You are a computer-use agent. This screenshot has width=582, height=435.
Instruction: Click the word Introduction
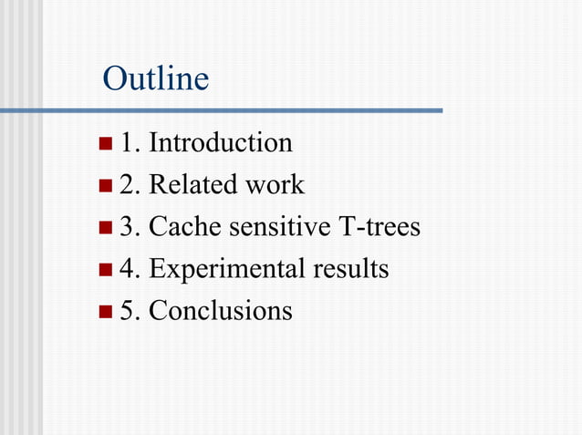click(x=220, y=143)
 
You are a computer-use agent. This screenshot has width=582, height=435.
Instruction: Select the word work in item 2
click(x=275, y=185)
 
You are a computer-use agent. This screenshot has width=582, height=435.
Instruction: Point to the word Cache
click(x=184, y=227)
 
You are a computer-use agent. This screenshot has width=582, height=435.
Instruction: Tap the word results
click(x=350, y=270)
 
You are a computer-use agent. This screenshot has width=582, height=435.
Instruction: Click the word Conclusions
click(x=220, y=311)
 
